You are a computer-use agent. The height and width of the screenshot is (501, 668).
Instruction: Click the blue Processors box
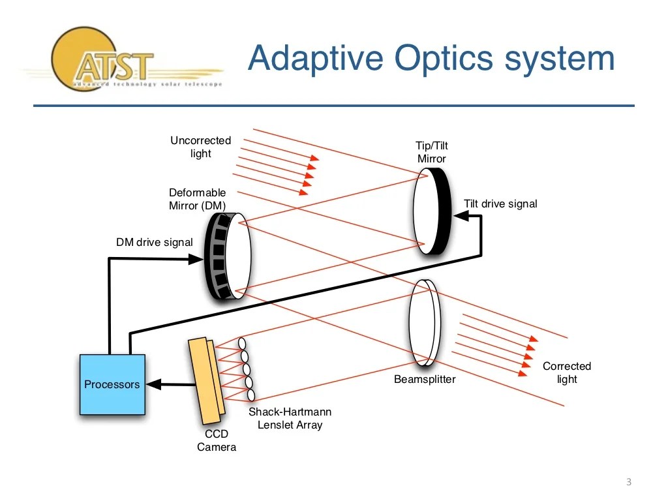[x=112, y=384]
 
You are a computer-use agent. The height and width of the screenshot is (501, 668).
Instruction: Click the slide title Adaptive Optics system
[x=431, y=58]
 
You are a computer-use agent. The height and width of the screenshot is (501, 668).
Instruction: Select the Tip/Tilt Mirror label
[x=432, y=152]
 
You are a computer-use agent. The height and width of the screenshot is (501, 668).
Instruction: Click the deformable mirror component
[x=228, y=256]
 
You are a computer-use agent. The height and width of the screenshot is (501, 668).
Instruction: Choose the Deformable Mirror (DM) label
[x=198, y=199]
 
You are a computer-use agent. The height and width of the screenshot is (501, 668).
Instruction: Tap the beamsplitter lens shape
[x=422, y=322]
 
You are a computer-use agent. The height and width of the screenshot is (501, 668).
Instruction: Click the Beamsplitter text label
[x=425, y=379]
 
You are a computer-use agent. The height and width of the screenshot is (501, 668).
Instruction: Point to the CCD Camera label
[x=217, y=440]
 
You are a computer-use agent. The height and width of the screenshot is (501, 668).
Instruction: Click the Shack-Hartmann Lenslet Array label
[x=290, y=418]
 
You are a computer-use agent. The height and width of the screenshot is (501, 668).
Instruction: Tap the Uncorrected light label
[x=201, y=147]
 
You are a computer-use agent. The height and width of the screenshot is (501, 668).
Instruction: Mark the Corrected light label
[x=567, y=372]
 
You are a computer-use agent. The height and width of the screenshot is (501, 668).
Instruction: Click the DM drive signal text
[x=154, y=243]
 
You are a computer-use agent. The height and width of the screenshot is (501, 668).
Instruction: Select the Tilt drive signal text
[x=500, y=204]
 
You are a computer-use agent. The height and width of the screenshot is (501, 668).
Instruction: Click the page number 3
[x=629, y=482]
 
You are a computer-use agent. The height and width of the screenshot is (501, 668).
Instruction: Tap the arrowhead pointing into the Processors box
[x=155, y=384]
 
